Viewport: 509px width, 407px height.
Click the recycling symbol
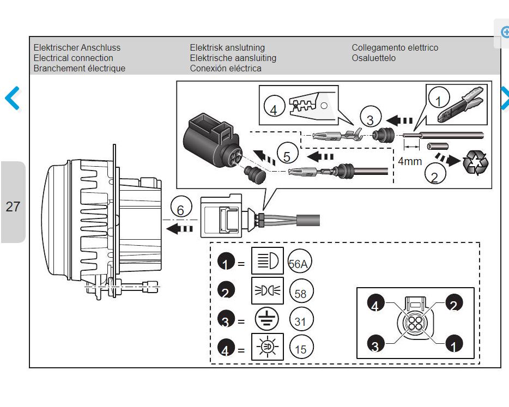pos(476,162)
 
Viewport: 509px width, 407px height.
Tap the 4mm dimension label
pos(410,161)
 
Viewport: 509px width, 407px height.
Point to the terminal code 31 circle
pos(301,320)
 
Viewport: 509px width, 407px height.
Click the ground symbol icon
pos(267,319)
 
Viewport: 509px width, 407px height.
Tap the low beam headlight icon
pos(268,260)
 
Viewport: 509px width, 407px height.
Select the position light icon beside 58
pos(268,290)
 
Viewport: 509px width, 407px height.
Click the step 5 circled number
pos(287,153)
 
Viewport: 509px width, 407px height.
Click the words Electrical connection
pos(74,58)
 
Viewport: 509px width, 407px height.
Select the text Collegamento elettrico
pos(395,48)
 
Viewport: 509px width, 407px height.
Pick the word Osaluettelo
pos(374,58)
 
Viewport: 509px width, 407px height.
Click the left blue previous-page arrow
pos(13,98)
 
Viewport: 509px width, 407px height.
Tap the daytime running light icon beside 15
pos(268,347)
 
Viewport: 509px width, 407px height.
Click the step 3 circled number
pos(371,117)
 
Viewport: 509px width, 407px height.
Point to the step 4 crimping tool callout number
pos(274,106)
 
